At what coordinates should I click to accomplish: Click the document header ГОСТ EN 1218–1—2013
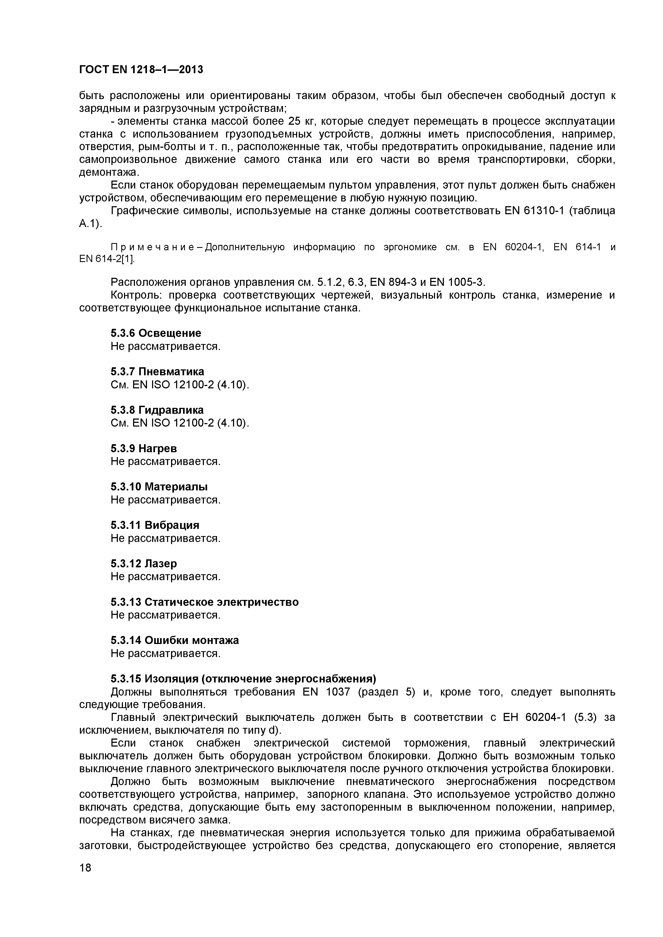point(141,70)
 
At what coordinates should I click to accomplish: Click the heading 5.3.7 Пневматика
point(157,371)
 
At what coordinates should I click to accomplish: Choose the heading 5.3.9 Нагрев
point(144,448)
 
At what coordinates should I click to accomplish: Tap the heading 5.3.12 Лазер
point(144,564)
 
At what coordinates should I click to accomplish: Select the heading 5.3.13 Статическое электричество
point(204,602)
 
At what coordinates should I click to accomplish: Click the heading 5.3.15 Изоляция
point(243,679)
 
